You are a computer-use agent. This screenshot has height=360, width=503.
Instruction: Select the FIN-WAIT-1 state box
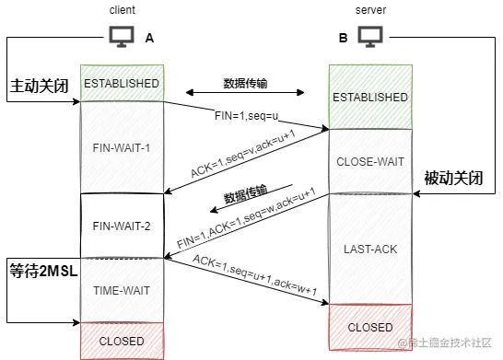click(x=122, y=147)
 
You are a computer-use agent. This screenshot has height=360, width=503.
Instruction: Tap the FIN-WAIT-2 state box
click(x=122, y=226)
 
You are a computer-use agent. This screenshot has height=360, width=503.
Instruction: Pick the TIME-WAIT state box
click(x=122, y=290)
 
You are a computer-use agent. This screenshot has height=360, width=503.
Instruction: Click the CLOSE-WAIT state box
click(x=369, y=161)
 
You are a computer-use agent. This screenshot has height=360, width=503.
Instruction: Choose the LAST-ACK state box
click(x=369, y=250)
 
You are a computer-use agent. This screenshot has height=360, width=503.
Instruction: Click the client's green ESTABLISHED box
click(x=122, y=83)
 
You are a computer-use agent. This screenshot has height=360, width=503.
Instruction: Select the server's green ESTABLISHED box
click(x=369, y=96)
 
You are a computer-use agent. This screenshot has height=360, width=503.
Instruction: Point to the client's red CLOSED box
click(x=122, y=341)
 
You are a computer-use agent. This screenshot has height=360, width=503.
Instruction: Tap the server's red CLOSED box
click(x=369, y=327)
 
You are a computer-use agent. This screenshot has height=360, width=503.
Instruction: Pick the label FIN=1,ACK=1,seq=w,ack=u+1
click(x=247, y=222)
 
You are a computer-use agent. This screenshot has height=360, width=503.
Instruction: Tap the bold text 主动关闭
click(x=40, y=87)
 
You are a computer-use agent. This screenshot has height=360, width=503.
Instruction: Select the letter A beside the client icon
click(x=149, y=38)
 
